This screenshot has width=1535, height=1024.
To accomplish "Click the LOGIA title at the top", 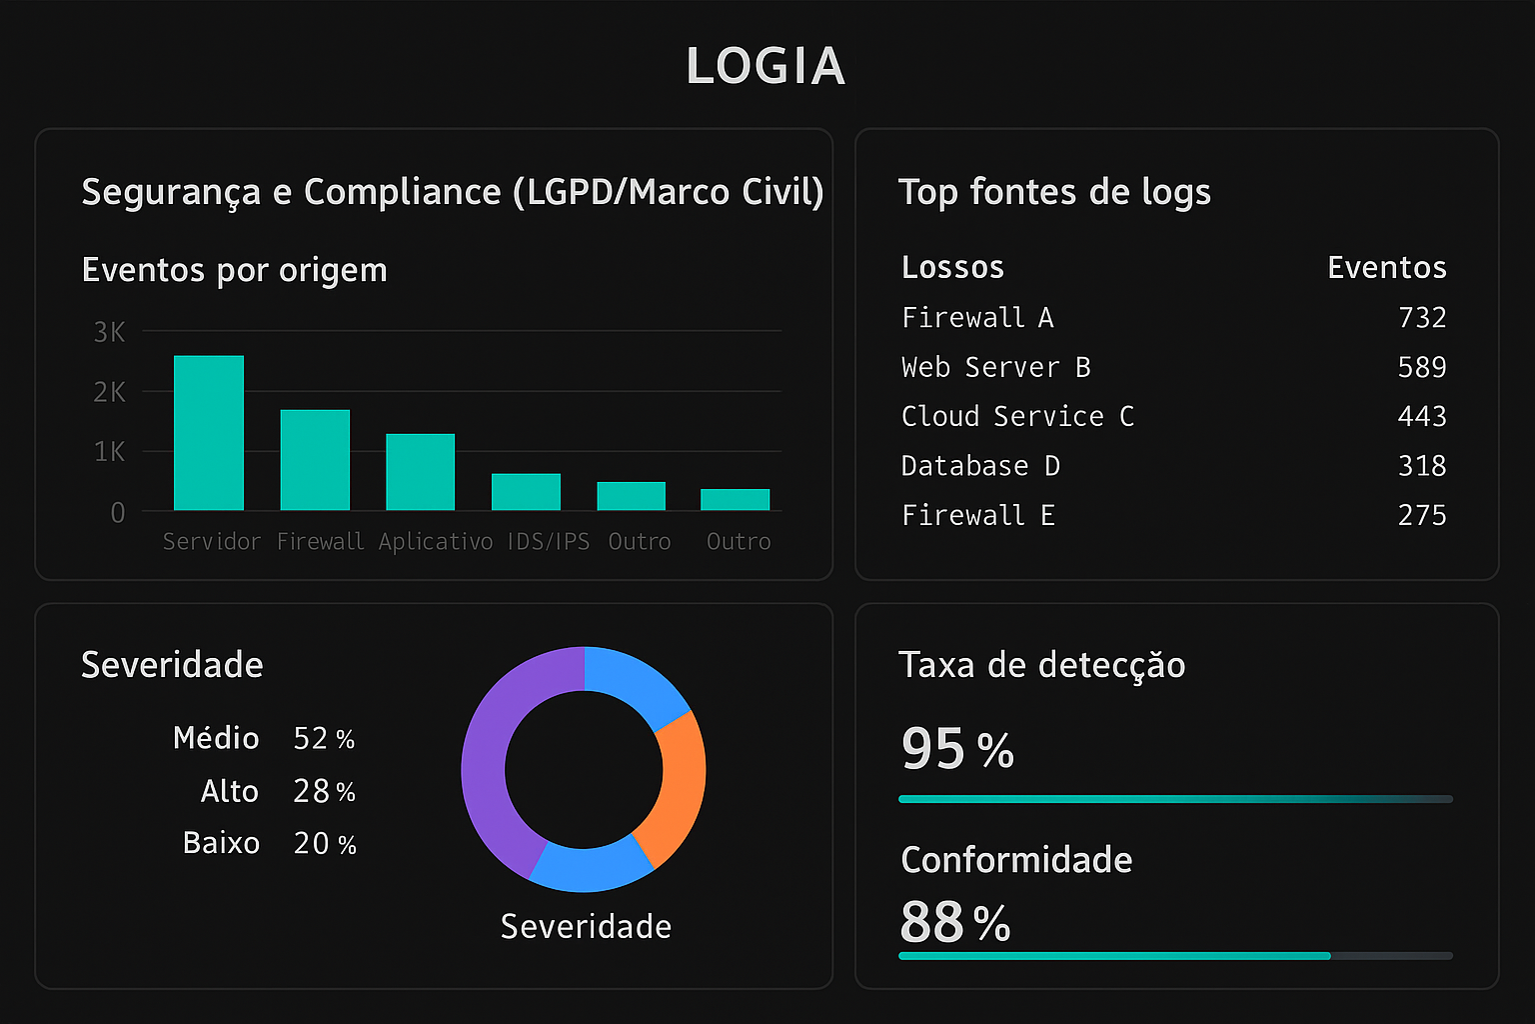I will coord(766,66).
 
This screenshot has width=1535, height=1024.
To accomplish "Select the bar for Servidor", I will coord(209,433).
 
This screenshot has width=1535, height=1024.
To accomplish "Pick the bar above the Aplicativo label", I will coord(421,472).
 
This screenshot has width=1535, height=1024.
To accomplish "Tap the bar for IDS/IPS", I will coord(526,492).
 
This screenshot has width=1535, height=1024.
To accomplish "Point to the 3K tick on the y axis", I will coord(109,332).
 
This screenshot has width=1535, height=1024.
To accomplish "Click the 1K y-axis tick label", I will coord(109,452).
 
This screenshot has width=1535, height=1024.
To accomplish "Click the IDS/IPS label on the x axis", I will coord(548,542).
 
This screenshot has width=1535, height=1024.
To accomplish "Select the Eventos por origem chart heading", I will coord(234,270).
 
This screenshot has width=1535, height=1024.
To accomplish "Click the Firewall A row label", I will coord(977,318).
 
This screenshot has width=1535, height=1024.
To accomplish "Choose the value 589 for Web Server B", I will coord(1421,367).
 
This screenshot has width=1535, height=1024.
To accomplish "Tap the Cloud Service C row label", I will coord(1017,416).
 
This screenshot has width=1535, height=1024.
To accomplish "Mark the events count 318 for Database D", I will coord(1421,466).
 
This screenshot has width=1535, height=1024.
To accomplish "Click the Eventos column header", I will coord(1386,267).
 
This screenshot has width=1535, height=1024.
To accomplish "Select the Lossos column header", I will coord(952,267).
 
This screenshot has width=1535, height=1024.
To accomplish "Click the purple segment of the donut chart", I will coord(490,760).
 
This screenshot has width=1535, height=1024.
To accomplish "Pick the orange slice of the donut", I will coord(673,790).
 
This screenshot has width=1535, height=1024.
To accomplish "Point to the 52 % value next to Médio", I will coord(324,739).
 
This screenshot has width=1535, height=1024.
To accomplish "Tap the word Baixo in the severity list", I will coord(221,843).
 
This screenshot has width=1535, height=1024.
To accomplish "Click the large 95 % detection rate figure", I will coord(956,749).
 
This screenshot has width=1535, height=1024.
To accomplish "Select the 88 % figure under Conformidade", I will coord(954,922).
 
